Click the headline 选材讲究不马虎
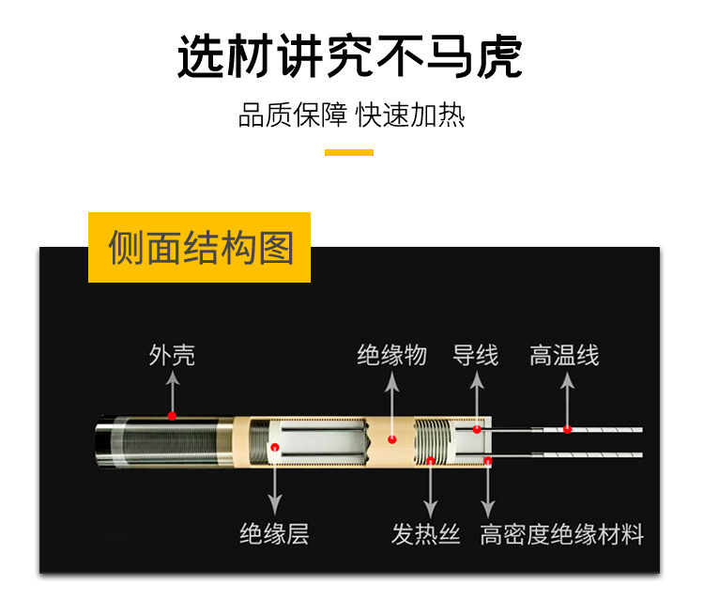[349, 57]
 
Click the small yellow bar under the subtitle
[349, 152]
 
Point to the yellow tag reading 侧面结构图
[200, 248]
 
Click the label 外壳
[172, 356]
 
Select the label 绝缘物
[391, 356]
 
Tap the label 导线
[475, 356]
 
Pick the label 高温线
[563, 356]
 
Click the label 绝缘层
[274, 535]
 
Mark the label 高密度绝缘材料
[561, 535]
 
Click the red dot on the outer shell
[172, 415]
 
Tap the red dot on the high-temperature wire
[567, 430]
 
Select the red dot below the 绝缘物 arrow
[392, 438]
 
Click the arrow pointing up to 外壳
[172, 392]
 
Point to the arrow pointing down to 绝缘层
[275, 488]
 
